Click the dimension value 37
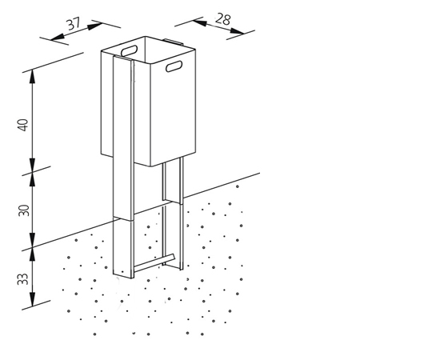74,24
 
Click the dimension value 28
222,19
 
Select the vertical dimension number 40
23,125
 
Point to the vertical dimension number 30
24,210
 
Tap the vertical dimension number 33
23,279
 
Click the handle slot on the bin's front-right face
174,66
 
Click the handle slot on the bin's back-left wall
130,50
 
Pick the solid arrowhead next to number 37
94,26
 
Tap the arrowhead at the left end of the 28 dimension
199,23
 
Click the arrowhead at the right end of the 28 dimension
238,31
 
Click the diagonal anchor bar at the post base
154,262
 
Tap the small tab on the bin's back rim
173,42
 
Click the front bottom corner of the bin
150,166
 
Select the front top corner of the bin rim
150,64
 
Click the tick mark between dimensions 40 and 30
36,170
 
